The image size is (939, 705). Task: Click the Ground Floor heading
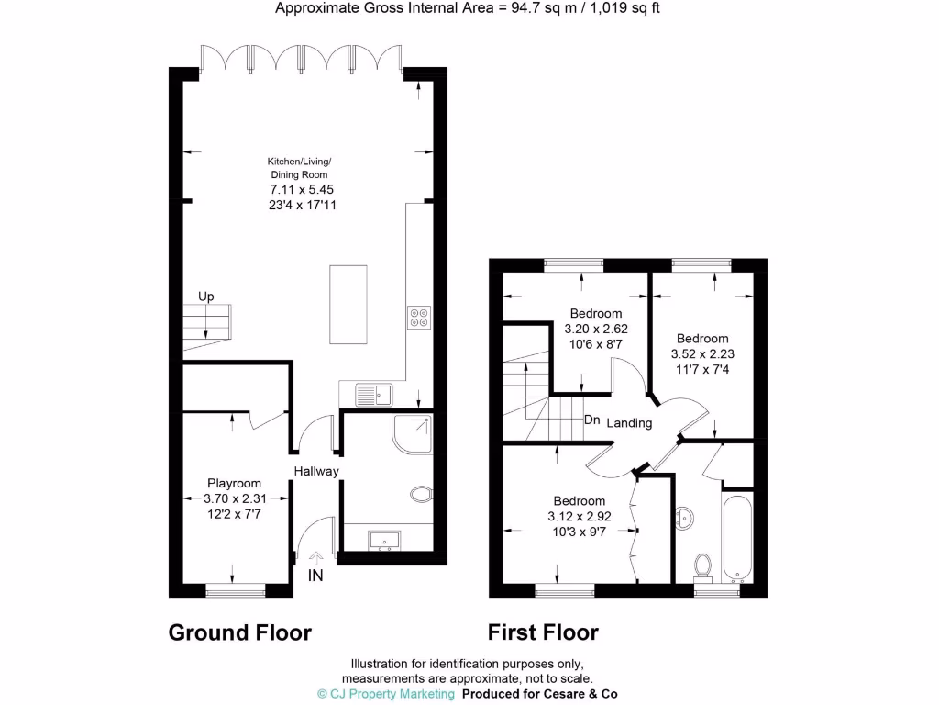pyautogui.click(x=240, y=632)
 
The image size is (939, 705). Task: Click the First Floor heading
pyautogui.click(x=543, y=632)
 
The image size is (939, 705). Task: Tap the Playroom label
pyautogui.click(x=234, y=483)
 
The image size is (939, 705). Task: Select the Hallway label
pyautogui.click(x=316, y=472)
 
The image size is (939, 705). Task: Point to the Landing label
pyautogui.click(x=629, y=423)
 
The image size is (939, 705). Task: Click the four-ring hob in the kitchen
pyautogui.click(x=419, y=316)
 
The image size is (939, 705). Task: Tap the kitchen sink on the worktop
pyautogui.click(x=375, y=395)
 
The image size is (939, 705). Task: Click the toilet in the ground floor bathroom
pyautogui.click(x=422, y=496)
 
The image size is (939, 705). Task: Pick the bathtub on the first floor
pyautogui.click(x=737, y=539)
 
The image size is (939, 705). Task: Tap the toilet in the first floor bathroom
pyautogui.click(x=703, y=565)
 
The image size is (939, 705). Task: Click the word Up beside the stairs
pyautogui.click(x=207, y=297)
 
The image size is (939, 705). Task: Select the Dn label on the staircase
pyautogui.click(x=592, y=420)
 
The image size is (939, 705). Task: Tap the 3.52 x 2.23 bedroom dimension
pyautogui.click(x=702, y=353)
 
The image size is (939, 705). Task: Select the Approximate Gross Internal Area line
pyautogui.click(x=469, y=9)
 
